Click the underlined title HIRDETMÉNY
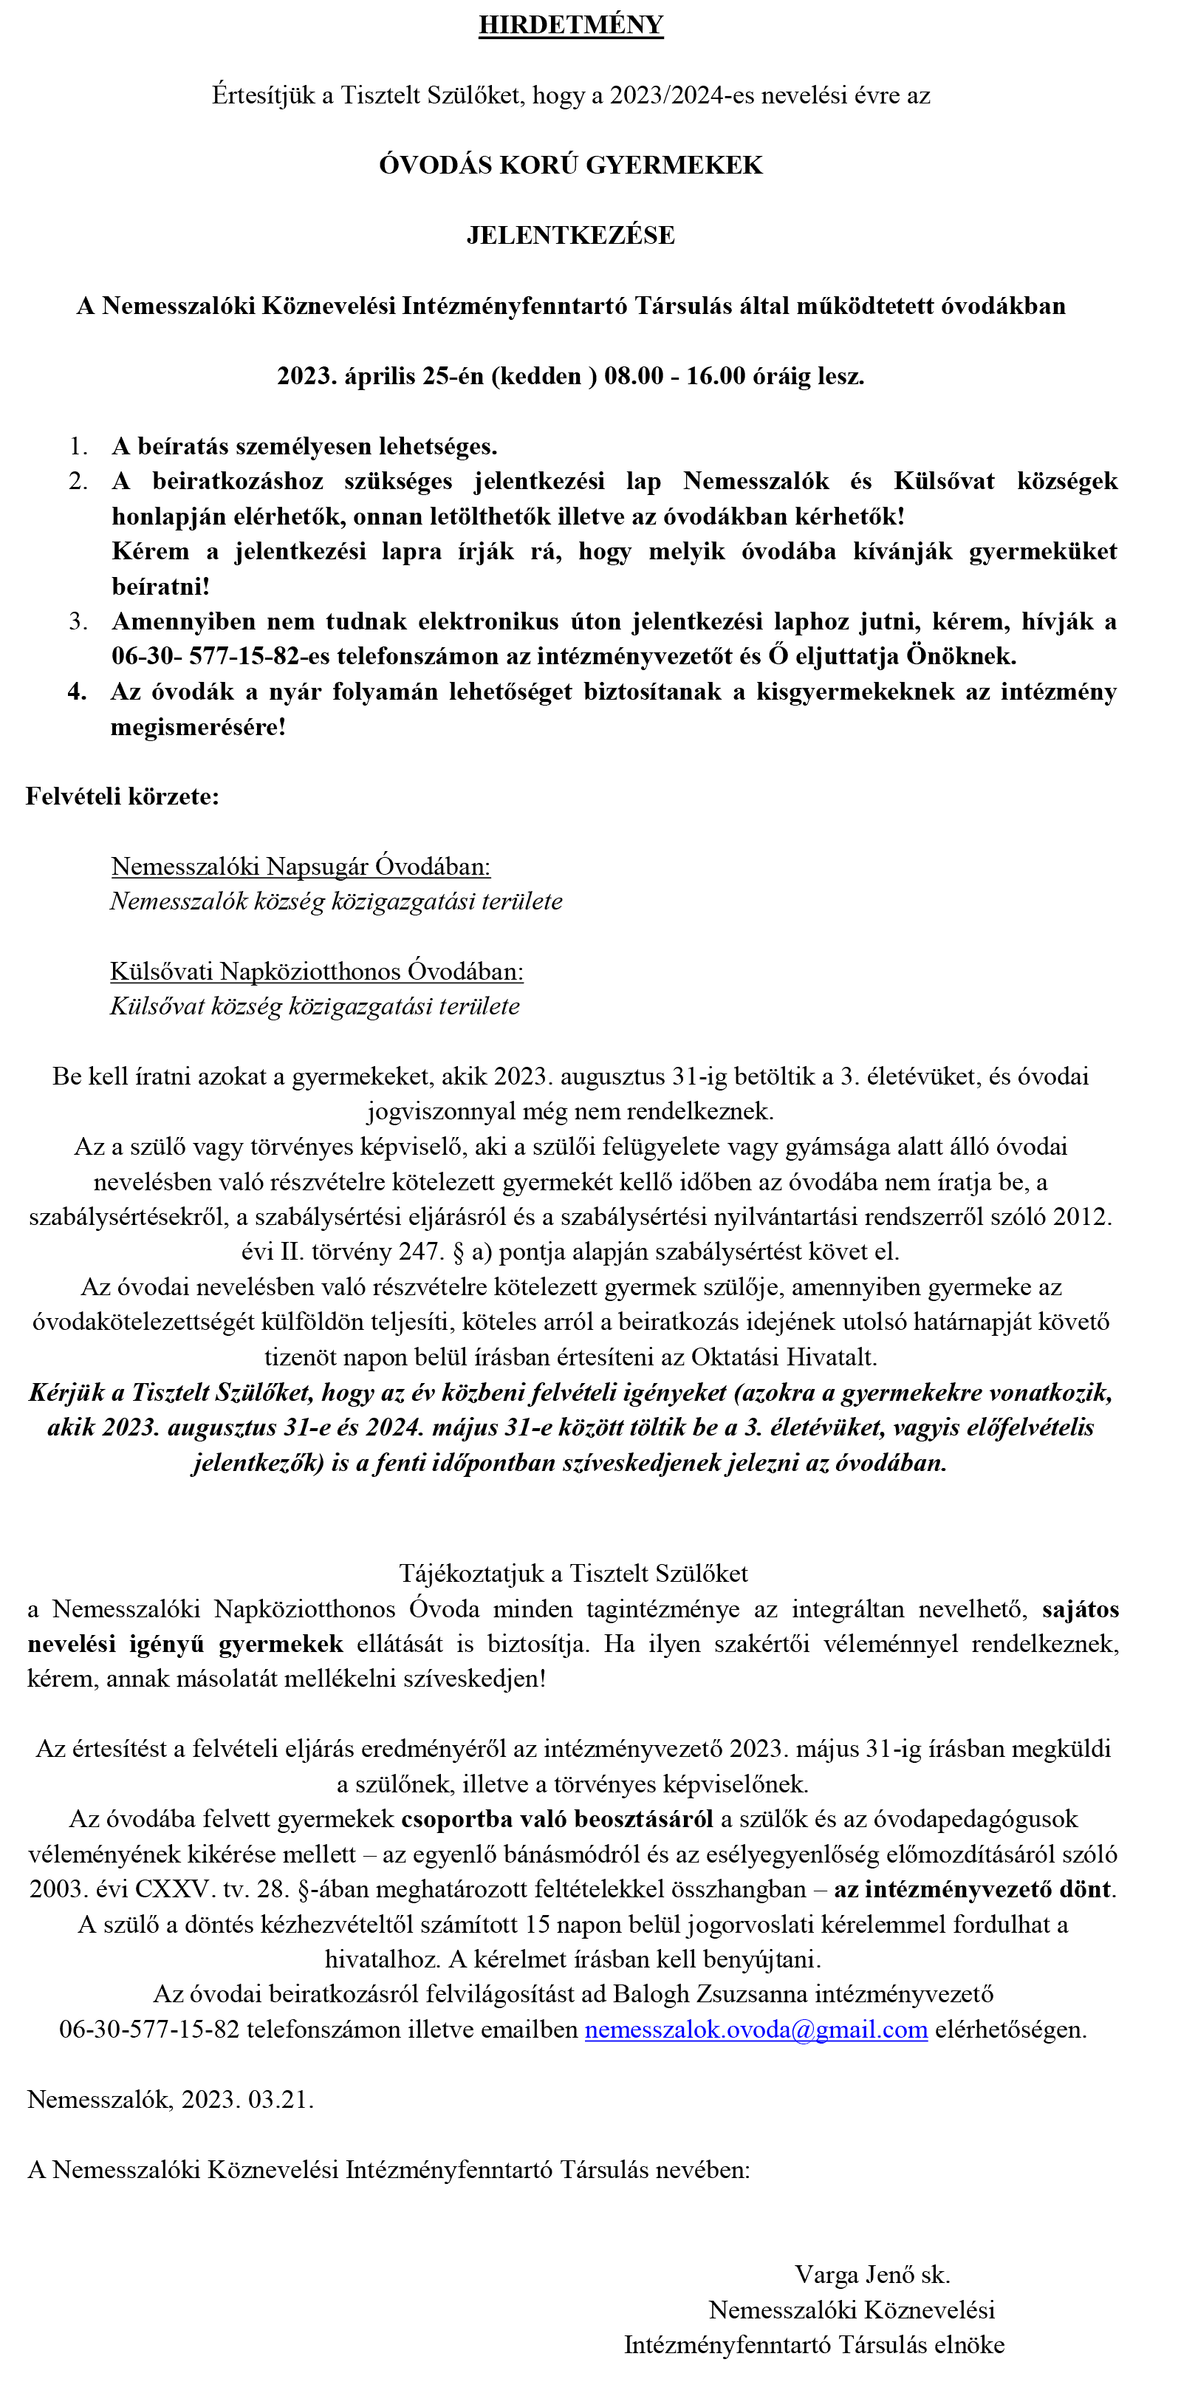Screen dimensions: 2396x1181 [571, 25]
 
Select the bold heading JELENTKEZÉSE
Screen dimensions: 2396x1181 [571, 236]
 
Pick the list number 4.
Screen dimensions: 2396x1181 [78, 692]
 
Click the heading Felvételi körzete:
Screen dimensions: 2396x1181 [122, 797]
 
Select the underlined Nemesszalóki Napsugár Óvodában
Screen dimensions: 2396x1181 [301, 867]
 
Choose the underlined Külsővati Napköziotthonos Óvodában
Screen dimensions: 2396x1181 [316, 972]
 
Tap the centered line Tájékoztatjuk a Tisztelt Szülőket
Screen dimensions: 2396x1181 [574, 1574]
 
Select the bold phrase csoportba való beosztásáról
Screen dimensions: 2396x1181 [557, 1818]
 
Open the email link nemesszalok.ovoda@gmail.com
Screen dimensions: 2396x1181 [756, 2030]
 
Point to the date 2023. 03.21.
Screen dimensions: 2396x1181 [247, 2099]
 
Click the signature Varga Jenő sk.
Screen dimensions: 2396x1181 [872, 2275]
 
